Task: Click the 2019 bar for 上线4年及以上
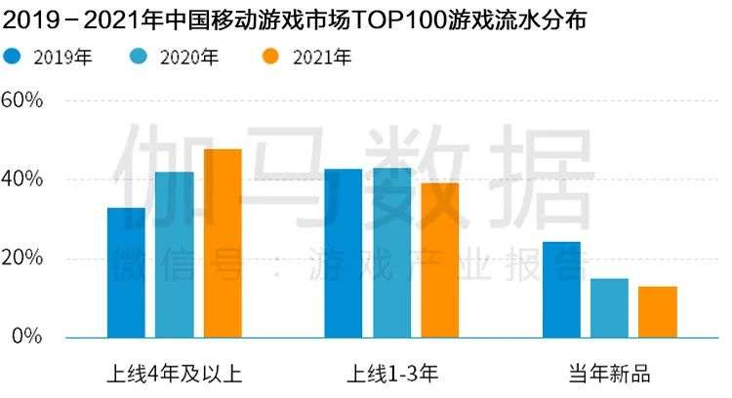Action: point(126,273)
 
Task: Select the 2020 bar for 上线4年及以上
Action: point(174,256)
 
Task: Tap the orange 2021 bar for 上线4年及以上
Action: point(223,244)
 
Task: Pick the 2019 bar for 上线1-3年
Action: point(343,254)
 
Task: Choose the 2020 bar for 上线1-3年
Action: point(391,253)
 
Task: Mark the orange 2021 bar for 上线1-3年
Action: point(439,260)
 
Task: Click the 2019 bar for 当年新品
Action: point(561,290)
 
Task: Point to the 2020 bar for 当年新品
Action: point(609,308)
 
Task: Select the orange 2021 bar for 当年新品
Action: point(657,312)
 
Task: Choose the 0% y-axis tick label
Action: point(26,338)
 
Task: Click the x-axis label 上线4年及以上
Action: point(174,374)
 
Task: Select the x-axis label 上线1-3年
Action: point(390,374)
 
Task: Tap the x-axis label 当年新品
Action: point(609,374)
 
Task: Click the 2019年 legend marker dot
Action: point(13,58)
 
